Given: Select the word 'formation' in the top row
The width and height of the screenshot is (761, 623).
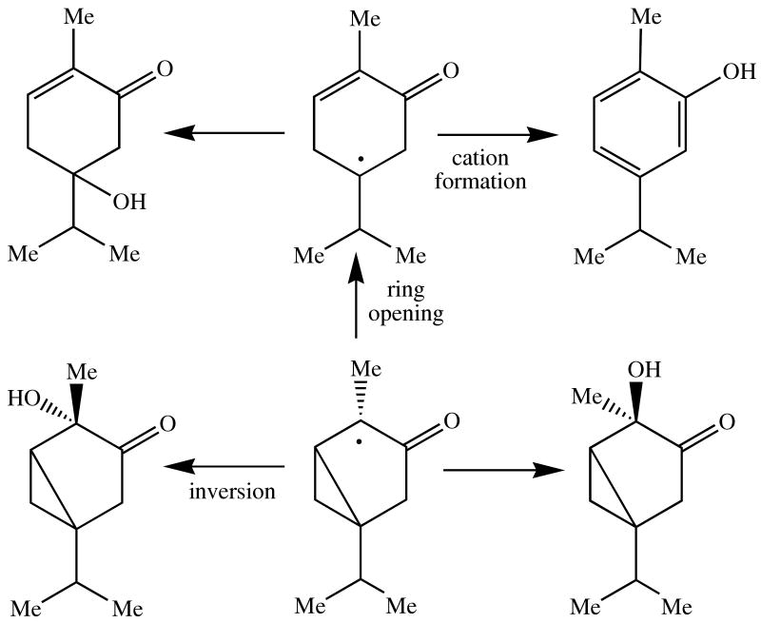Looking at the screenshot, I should (480, 180).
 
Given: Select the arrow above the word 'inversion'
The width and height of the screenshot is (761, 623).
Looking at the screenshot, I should (225, 467).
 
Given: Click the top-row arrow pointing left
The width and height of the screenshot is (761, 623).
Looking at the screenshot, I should (225, 134).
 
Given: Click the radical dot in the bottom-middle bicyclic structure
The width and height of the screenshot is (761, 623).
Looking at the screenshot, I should (359, 441).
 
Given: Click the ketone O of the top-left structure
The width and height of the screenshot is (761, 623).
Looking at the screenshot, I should (164, 70).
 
